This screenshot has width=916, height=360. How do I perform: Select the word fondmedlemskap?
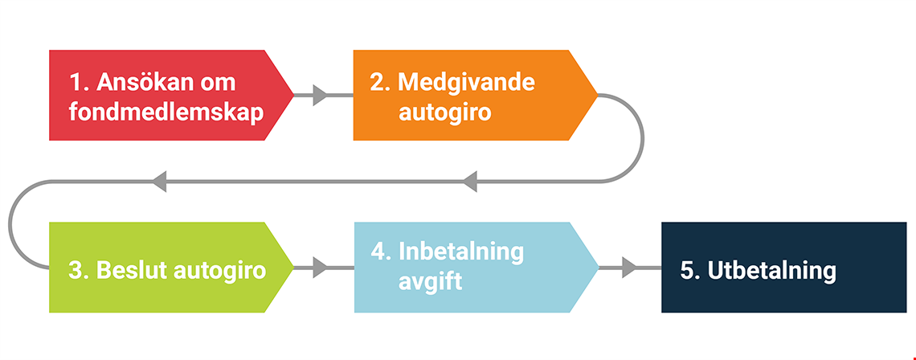[x=166, y=112]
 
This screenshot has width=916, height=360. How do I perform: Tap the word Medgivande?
[x=466, y=83]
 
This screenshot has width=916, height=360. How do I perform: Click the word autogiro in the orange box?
[x=444, y=112]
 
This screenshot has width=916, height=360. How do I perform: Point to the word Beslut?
[x=133, y=271]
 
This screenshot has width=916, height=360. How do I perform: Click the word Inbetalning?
[x=461, y=252]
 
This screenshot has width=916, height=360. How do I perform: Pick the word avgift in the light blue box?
[x=431, y=282]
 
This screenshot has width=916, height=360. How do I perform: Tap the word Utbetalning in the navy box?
[x=771, y=271]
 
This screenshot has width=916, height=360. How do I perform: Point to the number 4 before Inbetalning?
[x=378, y=252]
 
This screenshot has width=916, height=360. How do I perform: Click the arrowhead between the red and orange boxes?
[x=320, y=96]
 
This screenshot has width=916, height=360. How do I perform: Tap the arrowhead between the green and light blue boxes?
[x=320, y=268]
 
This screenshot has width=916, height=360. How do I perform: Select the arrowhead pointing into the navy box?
[x=628, y=268]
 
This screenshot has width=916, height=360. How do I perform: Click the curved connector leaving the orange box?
[x=643, y=138]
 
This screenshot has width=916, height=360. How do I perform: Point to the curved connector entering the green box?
[x=10, y=224]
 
